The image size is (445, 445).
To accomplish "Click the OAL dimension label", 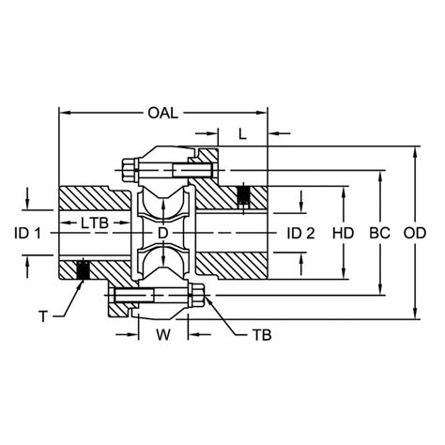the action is (162, 113).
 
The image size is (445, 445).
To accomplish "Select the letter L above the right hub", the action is (242, 134).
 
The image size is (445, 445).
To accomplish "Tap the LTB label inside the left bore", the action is (95, 223).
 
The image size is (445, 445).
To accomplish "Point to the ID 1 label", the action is (27, 234).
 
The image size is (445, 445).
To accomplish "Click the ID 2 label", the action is (300, 234).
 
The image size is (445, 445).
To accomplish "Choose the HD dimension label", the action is (343, 234).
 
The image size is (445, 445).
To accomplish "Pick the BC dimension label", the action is (379, 234).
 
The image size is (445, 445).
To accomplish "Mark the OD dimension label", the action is (415, 234).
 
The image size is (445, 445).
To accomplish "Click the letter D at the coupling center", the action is (162, 233).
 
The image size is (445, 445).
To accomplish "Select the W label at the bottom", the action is (163, 335).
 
